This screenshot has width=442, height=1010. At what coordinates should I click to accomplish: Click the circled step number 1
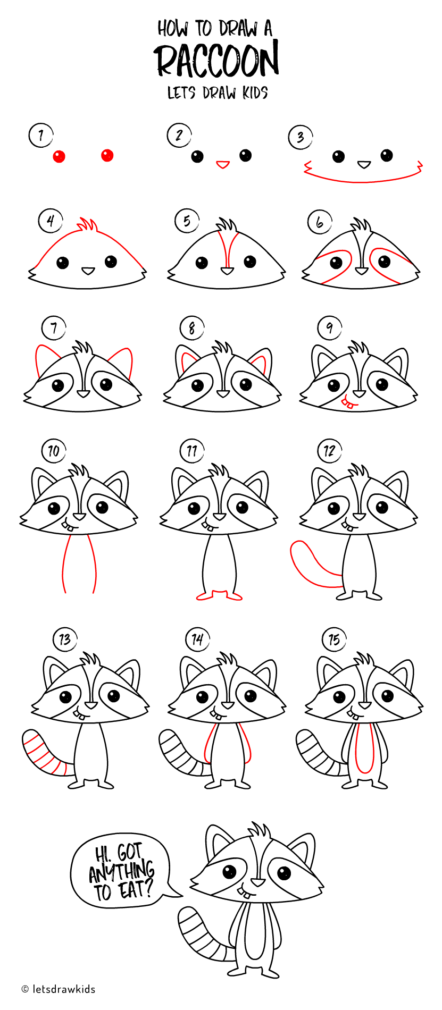[41, 136]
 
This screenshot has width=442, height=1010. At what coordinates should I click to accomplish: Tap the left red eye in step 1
[59, 156]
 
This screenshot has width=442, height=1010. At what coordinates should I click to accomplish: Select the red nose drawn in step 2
[222, 164]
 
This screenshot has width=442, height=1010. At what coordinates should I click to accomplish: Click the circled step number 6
[320, 222]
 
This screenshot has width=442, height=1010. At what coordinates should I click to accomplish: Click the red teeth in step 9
[348, 405]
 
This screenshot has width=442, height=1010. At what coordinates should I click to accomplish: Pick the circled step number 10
[54, 451]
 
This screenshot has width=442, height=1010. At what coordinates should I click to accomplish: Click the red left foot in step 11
[205, 596]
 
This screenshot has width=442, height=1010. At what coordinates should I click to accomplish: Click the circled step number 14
[197, 639]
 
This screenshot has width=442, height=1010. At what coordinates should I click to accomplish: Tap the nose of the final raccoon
[258, 882]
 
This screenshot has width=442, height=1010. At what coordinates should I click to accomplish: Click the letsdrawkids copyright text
[59, 989]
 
